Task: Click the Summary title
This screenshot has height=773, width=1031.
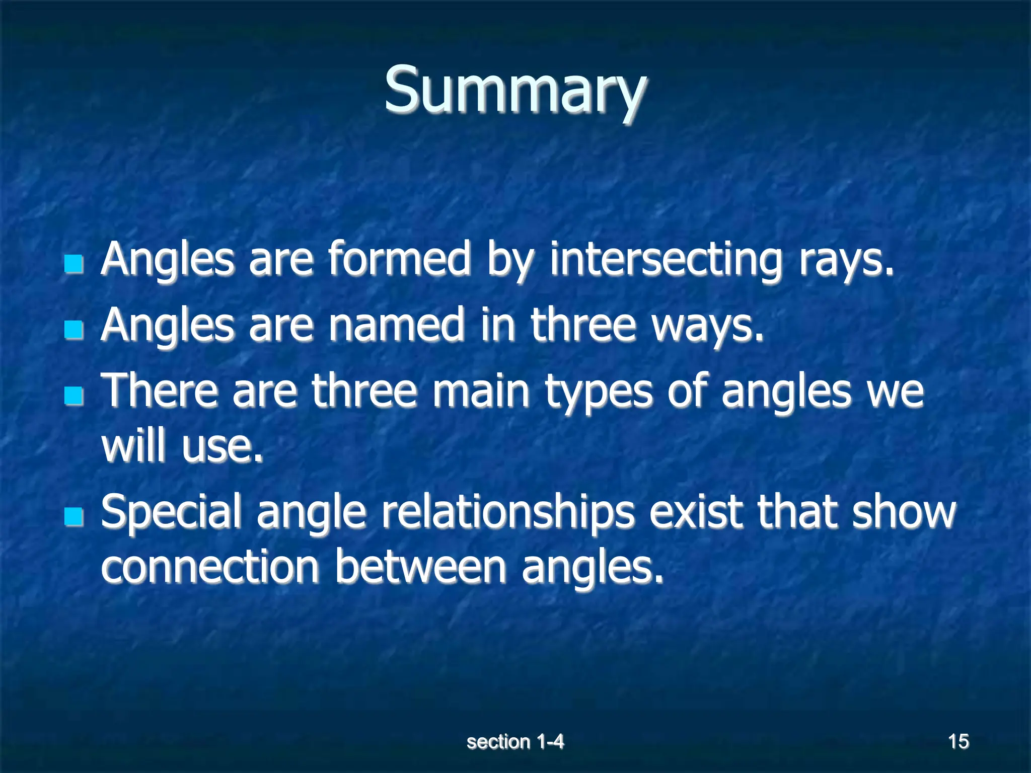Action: [x=515, y=91]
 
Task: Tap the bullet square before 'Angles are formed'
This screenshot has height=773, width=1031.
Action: [x=74, y=264]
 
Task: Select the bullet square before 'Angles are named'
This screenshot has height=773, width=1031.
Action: [x=74, y=330]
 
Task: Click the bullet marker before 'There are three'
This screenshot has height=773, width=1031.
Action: [x=74, y=396]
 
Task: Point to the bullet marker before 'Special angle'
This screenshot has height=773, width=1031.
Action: [x=74, y=516]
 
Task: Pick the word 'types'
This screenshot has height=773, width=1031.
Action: [x=599, y=393]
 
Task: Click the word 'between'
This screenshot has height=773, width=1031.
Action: [x=420, y=568]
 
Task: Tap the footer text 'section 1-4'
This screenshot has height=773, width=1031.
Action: [x=515, y=742]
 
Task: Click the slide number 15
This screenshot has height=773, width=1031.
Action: [x=958, y=742]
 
